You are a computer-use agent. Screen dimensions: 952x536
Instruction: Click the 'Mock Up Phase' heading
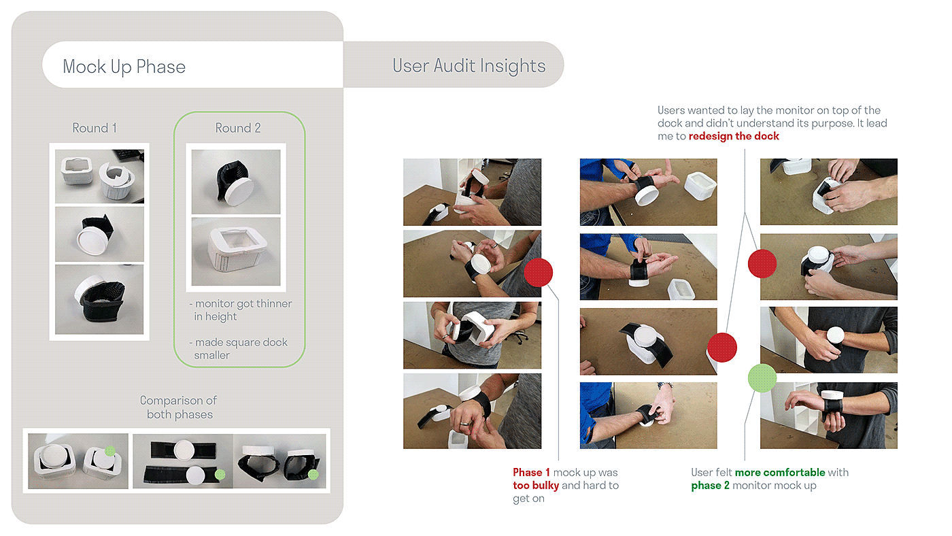click(x=124, y=67)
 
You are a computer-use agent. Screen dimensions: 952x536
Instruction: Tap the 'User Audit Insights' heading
click(x=469, y=66)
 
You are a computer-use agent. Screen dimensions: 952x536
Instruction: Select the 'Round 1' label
click(x=95, y=128)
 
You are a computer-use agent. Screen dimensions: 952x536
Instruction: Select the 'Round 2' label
click(x=238, y=128)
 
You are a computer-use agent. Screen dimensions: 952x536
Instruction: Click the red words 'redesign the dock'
click(x=734, y=136)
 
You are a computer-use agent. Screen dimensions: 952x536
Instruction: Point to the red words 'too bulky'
click(x=536, y=486)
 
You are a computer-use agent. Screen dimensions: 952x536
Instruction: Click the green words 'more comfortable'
click(x=780, y=472)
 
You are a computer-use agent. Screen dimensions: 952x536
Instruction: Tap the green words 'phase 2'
click(x=710, y=486)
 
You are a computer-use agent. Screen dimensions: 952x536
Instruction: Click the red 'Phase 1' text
click(x=531, y=472)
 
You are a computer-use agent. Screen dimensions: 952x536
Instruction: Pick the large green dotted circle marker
click(x=762, y=378)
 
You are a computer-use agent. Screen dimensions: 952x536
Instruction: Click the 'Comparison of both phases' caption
click(x=179, y=407)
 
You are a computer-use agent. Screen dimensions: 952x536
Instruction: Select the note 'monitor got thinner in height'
click(x=241, y=310)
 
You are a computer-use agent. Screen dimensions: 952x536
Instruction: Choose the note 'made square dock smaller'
click(x=239, y=348)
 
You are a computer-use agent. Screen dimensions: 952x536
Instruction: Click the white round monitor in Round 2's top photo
click(x=239, y=191)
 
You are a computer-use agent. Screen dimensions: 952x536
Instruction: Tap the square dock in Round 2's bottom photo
click(x=237, y=249)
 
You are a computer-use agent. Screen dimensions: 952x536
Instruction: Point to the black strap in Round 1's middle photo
click(x=99, y=224)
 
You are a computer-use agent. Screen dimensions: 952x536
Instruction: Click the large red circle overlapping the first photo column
click(x=538, y=273)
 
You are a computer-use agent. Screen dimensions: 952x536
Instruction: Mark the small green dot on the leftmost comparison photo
click(x=109, y=451)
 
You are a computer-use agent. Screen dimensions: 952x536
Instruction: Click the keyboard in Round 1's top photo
click(x=129, y=154)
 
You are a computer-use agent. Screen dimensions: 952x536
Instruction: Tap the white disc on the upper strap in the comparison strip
click(x=184, y=450)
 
